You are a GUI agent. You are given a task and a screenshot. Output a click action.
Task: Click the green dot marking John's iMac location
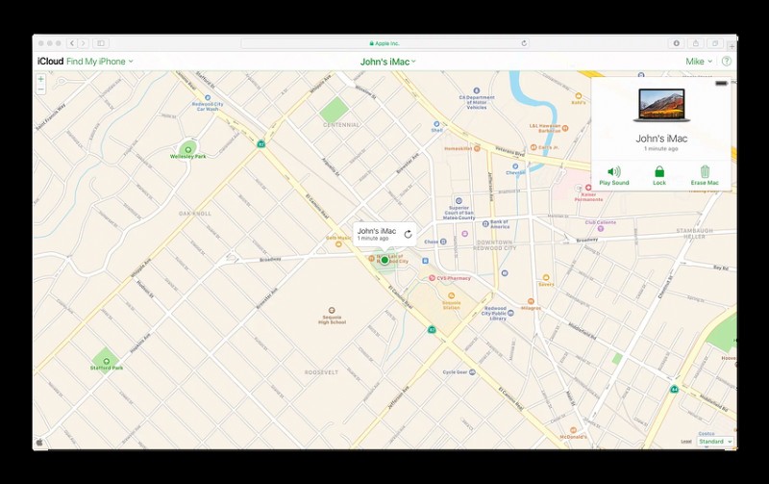384,260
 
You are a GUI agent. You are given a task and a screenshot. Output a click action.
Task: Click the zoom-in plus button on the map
41,80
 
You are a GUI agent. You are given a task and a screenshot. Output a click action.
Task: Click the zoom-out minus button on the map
41,90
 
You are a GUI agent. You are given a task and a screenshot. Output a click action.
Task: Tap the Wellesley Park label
187,155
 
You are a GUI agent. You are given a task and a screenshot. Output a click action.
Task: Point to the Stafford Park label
106,367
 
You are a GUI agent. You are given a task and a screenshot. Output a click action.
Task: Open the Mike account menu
699,62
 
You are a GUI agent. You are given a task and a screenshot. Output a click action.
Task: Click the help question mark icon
726,62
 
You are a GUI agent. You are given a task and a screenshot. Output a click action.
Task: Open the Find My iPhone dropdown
100,62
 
